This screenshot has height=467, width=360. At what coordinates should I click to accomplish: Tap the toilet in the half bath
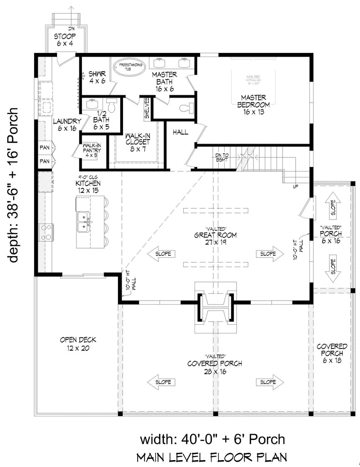111,104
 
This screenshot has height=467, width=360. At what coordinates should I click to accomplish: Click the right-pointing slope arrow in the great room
265,254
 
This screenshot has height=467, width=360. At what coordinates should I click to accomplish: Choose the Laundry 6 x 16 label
67,125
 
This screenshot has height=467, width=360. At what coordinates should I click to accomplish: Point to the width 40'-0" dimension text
212,439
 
